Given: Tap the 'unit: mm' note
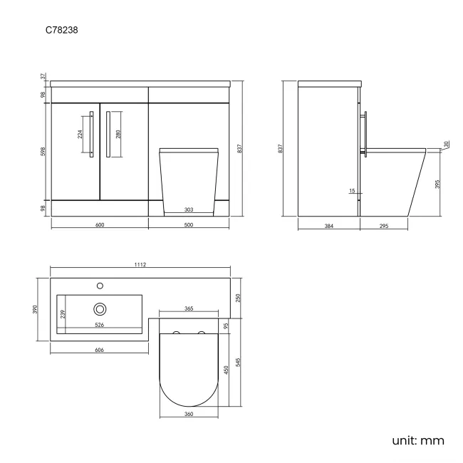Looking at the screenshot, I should click(418, 440).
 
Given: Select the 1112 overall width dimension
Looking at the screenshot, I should click(140, 265).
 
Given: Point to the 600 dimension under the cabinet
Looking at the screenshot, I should click(100, 225).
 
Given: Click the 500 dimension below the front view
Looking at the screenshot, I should click(189, 225).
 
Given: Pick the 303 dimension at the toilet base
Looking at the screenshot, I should click(189, 210).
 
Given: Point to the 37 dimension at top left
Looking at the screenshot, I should click(43, 76).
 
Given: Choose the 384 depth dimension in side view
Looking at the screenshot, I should click(328, 225).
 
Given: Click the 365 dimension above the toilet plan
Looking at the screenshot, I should click(189, 309).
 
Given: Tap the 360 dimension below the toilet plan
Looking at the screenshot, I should click(189, 414).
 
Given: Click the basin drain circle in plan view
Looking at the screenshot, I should click(100, 308).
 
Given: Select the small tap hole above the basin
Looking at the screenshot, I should click(100, 286).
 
